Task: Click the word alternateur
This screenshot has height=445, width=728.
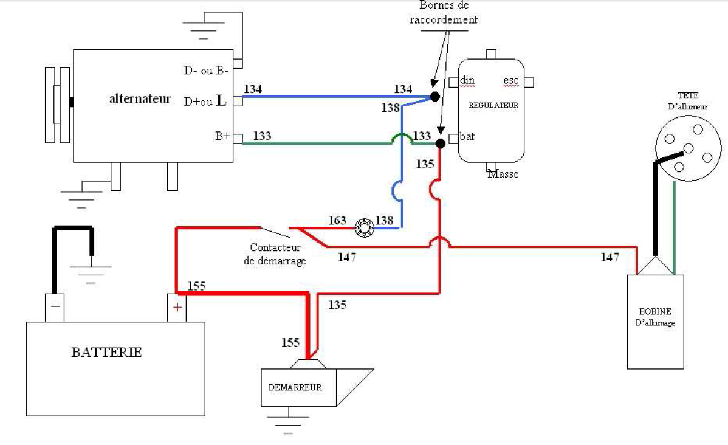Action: [140, 99]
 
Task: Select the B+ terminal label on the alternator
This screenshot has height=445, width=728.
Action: [222, 137]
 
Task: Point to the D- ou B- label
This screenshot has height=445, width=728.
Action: [206, 71]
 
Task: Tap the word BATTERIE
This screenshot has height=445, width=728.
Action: [106, 352]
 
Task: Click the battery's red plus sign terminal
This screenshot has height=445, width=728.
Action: [177, 308]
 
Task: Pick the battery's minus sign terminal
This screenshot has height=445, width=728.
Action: [55, 306]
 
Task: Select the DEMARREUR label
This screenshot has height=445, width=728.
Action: [295, 387]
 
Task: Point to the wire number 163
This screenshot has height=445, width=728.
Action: [337, 220]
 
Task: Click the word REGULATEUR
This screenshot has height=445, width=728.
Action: [493, 105]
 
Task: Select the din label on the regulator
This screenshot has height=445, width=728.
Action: [467, 80]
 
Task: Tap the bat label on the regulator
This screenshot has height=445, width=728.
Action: [467, 136]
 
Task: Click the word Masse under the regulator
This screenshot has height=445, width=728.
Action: [503, 174]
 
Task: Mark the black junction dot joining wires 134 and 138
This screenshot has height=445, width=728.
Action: [434, 96]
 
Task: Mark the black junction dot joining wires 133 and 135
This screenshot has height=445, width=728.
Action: [440, 143]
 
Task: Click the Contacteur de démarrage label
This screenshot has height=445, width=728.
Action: [278, 254]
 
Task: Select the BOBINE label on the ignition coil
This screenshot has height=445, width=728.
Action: [655, 312]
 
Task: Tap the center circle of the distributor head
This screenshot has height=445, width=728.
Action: [688, 148]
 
